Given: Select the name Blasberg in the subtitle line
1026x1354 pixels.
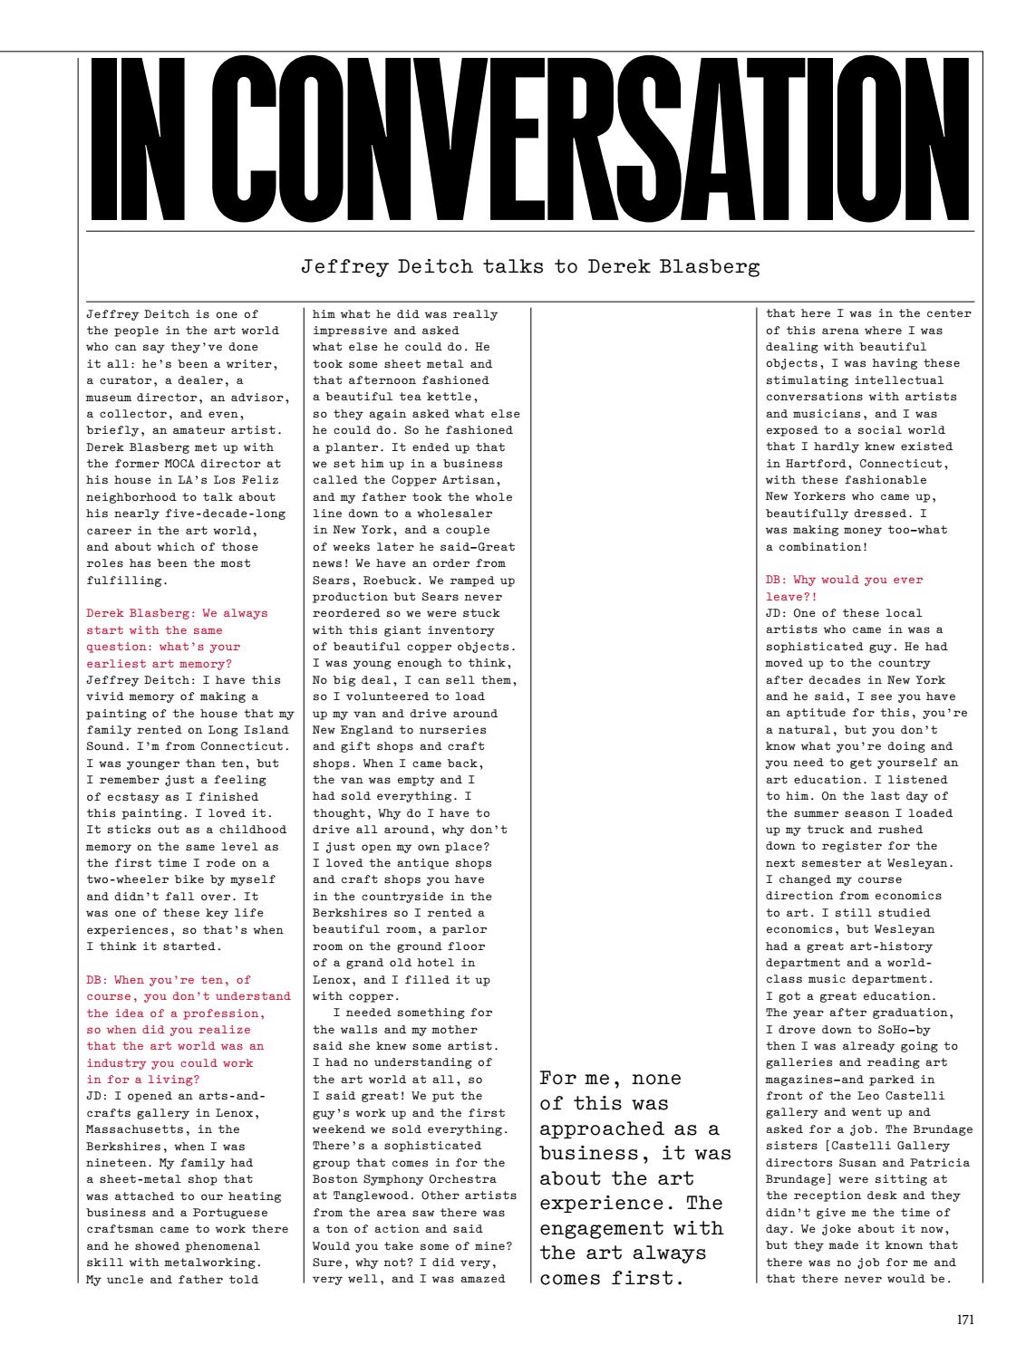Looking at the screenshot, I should coord(720,267).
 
